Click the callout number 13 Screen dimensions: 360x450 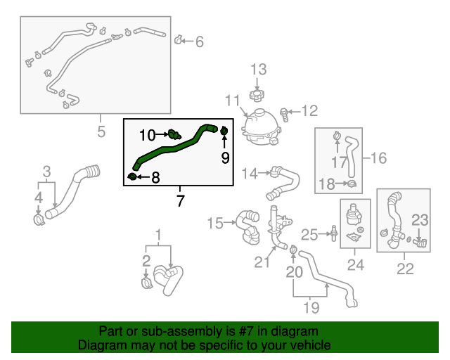pos(259,69)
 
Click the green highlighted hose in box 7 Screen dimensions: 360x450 pos(169,148)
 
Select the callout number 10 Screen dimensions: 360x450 pos(147,134)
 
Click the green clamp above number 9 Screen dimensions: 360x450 pos(224,131)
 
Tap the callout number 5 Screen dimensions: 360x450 pos(101,131)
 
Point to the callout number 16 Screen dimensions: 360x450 pos(379,158)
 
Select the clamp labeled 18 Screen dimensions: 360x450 pos(352,184)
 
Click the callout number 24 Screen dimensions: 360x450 pos(356,265)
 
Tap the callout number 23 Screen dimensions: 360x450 pos(420,220)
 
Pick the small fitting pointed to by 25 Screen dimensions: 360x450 pos(335,232)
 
